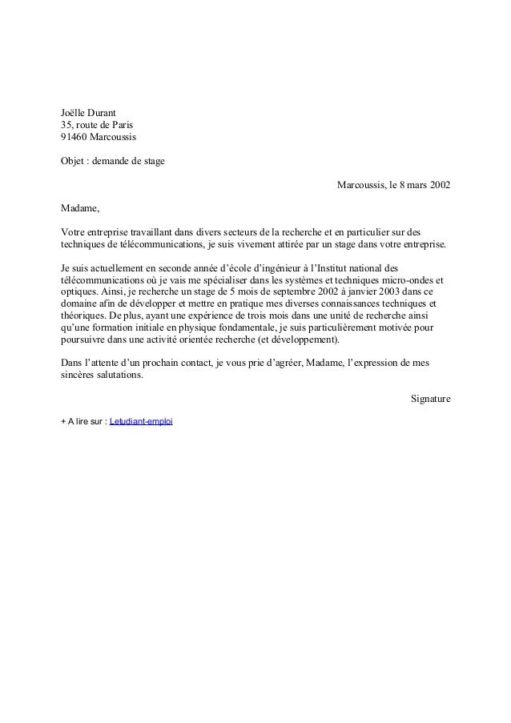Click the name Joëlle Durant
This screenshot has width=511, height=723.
coord(89,111)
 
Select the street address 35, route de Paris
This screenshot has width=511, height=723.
coord(97,125)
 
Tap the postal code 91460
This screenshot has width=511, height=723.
coord(74,138)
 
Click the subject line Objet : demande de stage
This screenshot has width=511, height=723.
coord(113,162)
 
